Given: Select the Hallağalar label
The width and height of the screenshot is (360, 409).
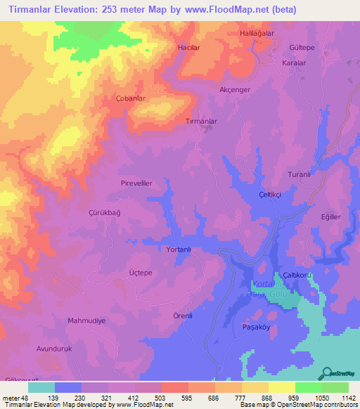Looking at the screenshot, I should pyautogui.click(x=256, y=34).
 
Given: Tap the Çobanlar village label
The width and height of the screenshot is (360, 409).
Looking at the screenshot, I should pyautogui.click(x=130, y=98).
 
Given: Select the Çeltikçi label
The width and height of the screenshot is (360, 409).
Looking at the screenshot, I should pyautogui.click(x=271, y=194).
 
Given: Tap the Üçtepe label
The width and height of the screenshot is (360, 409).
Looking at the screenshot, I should pyautogui.click(x=141, y=272).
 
